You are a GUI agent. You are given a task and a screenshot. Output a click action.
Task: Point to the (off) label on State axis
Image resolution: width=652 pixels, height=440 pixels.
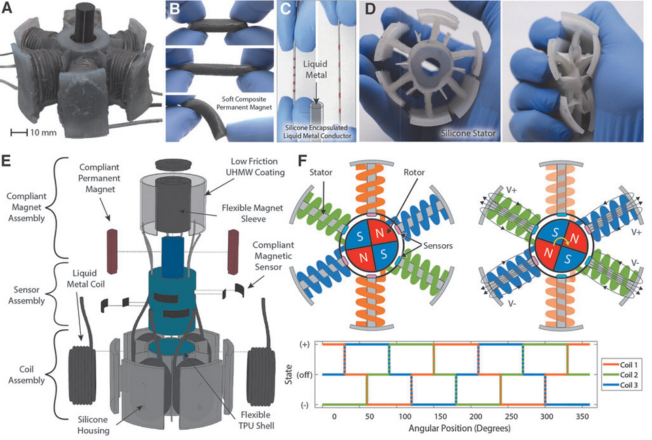coord(309,375)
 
